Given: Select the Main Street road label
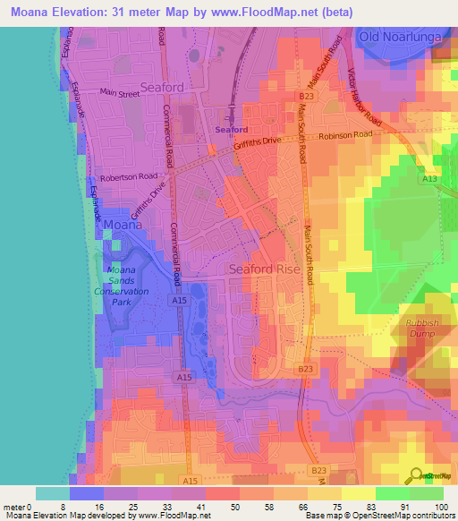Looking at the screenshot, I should tap(120, 91).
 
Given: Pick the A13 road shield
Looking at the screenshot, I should tap(429, 179).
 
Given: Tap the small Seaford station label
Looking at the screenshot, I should tap(232, 130).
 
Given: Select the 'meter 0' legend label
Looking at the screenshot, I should tap(17, 506).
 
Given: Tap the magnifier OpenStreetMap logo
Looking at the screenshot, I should tap(418, 475).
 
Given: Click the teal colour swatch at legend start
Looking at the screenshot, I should tap(52, 493).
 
